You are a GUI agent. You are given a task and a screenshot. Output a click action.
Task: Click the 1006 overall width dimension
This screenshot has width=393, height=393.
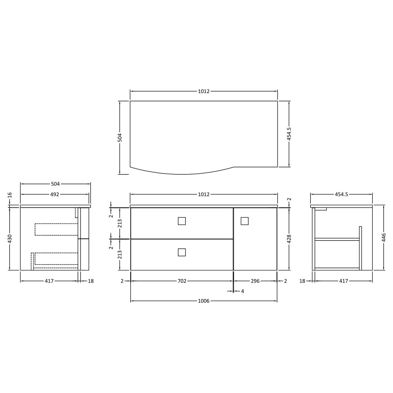point(204,301)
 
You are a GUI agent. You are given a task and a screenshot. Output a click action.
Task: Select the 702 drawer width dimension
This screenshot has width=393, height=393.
point(182,281)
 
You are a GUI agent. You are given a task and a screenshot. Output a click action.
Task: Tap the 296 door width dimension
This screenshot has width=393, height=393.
point(255,281)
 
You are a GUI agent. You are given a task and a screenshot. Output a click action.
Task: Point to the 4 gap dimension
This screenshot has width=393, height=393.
point(242,291)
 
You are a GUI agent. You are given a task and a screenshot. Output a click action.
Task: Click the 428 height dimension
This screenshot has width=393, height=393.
point(289,239)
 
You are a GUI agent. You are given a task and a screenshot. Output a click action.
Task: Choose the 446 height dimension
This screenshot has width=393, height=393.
point(384,237)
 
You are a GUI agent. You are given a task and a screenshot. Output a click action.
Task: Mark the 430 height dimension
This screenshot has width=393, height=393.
point(10,239)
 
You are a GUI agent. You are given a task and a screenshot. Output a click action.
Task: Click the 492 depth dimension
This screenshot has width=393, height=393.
point(55,194)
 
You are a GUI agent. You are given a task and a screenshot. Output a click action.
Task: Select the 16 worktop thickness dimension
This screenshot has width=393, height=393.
point(10,195)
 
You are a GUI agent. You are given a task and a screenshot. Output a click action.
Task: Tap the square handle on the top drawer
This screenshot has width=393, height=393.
point(182,221)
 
